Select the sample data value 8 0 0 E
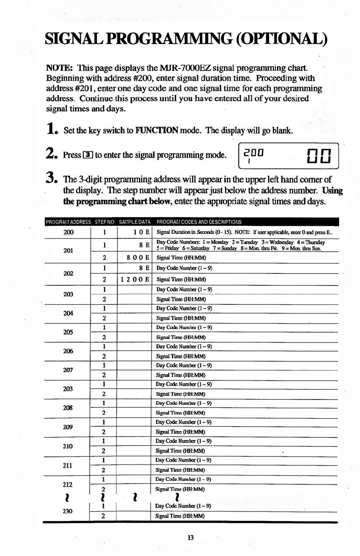[x=136, y=257]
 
